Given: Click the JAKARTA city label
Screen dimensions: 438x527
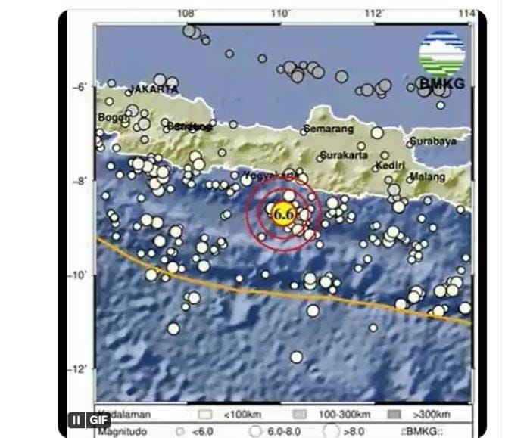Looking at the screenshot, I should click(154, 89).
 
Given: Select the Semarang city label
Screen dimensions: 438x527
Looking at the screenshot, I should click(328, 129).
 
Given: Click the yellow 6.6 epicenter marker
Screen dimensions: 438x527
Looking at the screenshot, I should click(282, 214).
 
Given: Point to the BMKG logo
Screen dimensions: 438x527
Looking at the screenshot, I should click(442, 61).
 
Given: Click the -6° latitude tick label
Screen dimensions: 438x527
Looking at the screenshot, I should click(82, 86).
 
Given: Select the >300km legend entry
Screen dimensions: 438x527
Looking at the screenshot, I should click(432, 415).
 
